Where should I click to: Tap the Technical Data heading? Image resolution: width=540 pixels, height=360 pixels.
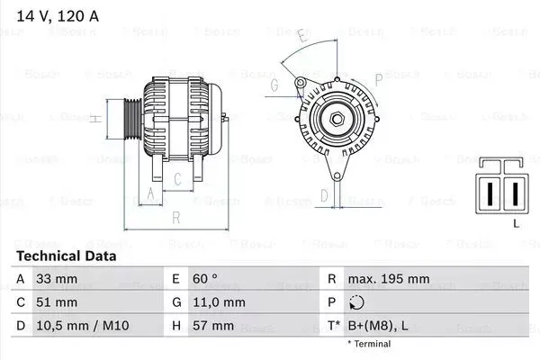66,256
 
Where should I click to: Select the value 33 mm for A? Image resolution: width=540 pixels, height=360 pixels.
57,279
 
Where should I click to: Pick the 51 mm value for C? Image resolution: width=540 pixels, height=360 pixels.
57,301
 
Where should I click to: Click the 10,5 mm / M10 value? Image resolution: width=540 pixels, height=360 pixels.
80,325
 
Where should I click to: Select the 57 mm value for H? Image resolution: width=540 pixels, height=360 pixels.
213,325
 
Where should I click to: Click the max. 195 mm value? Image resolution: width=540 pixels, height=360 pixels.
390,279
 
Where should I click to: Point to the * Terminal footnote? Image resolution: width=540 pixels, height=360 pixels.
369,344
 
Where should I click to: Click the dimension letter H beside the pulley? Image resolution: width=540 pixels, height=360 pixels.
94,118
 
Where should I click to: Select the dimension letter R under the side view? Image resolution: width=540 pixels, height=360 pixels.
176,217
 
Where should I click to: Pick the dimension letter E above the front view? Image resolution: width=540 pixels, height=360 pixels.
303,38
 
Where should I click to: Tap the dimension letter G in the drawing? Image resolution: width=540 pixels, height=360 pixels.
274,85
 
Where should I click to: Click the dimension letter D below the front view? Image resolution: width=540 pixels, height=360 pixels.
325,193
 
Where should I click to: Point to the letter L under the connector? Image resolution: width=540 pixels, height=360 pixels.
516,222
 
